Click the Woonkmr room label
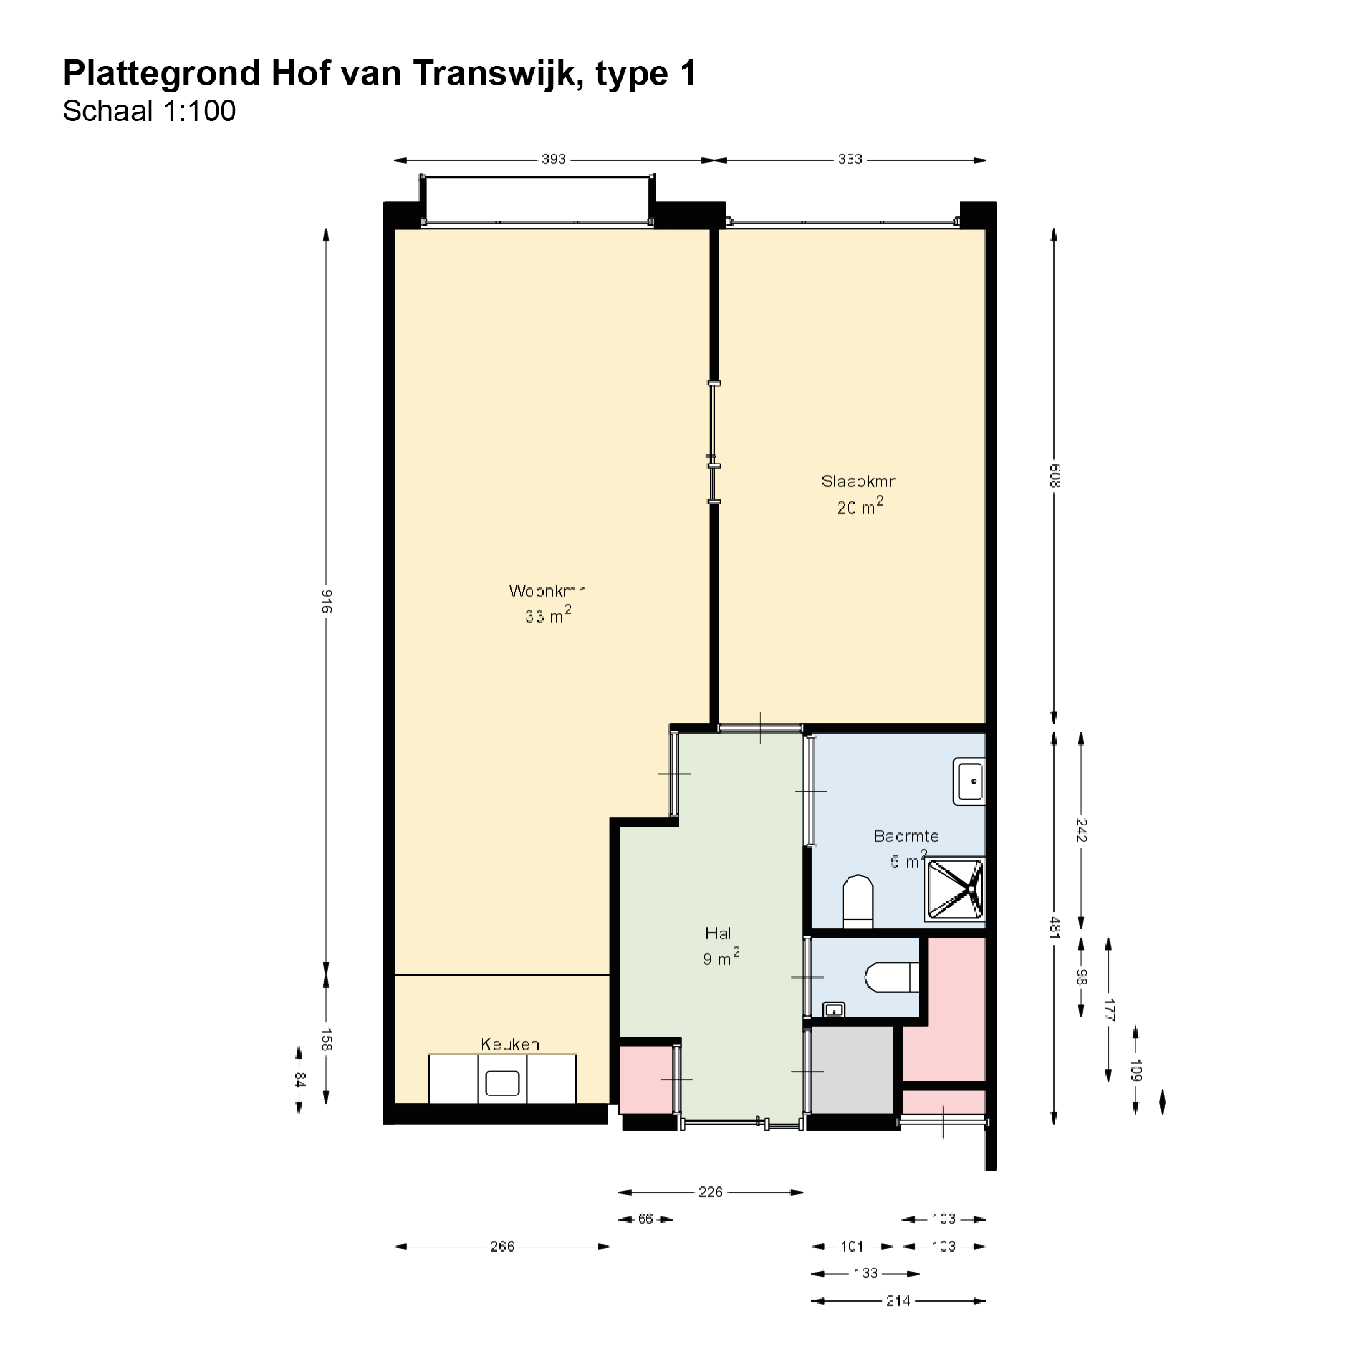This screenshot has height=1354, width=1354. coord(547,591)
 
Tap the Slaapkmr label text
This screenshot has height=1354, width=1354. coord(858,481)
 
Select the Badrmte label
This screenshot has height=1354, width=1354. coord(906,835)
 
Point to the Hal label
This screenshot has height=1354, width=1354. coord(719,933)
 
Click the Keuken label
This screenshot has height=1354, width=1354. coord(510,1044)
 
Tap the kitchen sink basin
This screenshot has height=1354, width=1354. coord(502,1082)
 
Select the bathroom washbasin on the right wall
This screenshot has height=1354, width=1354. coord(969,781)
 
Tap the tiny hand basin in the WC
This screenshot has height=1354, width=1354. coord(834,1009)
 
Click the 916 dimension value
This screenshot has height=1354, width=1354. coord(326,600)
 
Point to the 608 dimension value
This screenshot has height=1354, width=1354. coord(1054,476)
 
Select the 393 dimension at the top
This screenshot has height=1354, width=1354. coord(554,159)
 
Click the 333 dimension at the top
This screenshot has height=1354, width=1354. coord(850,159)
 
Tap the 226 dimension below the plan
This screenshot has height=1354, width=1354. coord(711,1192)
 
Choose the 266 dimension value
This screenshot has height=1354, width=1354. coord(503,1247)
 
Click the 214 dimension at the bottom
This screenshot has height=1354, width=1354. coord(898,1301)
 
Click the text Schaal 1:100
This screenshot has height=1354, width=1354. coord(149,111)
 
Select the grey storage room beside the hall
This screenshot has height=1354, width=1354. coord(853,1070)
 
